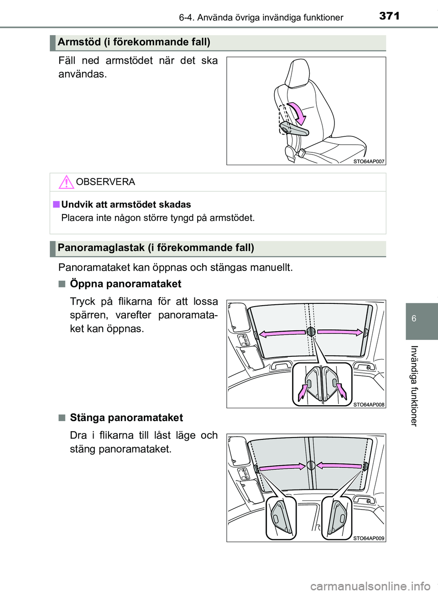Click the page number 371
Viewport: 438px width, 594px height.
[x=389, y=16]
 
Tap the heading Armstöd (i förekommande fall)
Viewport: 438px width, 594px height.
[x=134, y=42]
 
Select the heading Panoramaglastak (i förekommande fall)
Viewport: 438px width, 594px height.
[x=156, y=248]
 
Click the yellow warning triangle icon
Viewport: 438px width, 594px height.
[x=66, y=182]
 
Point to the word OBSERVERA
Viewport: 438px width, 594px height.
[x=105, y=182]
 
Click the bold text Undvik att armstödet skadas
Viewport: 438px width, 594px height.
[x=126, y=204]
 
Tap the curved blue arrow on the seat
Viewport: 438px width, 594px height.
[x=297, y=113]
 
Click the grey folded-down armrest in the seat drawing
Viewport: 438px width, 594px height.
[x=294, y=129]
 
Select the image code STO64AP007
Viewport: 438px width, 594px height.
[x=369, y=162]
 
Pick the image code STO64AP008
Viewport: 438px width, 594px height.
[x=369, y=405]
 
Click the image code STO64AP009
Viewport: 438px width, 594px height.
[x=369, y=538]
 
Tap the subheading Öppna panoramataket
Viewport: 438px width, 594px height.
[x=125, y=284]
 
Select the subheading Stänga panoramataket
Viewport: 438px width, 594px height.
[x=126, y=417]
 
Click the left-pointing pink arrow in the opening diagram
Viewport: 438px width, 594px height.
[x=282, y=333]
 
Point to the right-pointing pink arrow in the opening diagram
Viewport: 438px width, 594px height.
[x=340, y=332]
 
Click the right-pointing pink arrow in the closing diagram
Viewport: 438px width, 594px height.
[x=282, y=467]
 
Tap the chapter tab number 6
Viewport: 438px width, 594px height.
[x=414, y=318]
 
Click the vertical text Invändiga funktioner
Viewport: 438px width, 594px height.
[x=414, y=386]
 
